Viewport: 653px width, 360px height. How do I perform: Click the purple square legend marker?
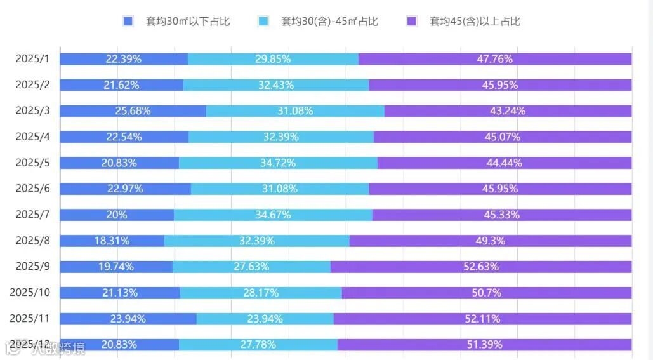point(411,22)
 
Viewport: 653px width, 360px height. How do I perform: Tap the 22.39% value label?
point(124,59)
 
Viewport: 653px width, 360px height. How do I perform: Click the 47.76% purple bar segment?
point(494,59)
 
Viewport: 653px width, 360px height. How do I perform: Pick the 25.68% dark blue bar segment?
point(133,111)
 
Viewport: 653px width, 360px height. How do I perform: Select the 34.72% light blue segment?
point(277,163)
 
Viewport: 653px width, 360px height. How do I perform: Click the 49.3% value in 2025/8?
point(490,241)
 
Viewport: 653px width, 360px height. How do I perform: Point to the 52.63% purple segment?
point(480,267)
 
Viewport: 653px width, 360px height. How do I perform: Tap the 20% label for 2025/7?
point(117,215)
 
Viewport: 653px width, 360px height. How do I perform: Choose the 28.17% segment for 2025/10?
point(261,293)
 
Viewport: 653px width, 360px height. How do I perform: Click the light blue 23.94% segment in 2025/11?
point(265,319)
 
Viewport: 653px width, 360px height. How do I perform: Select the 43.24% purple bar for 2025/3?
point(507,111)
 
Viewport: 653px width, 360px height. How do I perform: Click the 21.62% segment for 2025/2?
point(121,85)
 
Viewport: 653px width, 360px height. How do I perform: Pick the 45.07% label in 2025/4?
point(502,137)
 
